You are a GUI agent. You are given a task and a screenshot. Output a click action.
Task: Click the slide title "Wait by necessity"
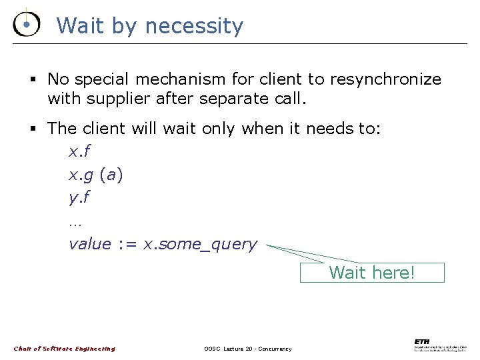coord(150,27)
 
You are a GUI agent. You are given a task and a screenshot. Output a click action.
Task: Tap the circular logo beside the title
coord(25,25)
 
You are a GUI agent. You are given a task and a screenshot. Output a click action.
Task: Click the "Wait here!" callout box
coord(372,273)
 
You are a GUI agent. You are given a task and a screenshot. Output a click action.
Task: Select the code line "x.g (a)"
coord(96,175)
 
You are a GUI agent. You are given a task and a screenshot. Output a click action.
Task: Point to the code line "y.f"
coord(79,198)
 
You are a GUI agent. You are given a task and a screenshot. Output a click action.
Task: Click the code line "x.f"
coord(79,152)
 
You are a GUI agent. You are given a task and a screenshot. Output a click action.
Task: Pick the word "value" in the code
coord(90,244)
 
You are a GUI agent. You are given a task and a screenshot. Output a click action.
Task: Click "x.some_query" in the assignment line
coord(200,245)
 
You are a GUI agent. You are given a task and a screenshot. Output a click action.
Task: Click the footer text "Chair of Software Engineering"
coord(65,349)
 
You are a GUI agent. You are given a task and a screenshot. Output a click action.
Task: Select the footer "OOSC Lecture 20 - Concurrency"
coord(247,349)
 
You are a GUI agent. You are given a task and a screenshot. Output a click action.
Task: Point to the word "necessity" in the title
coord(194,27)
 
